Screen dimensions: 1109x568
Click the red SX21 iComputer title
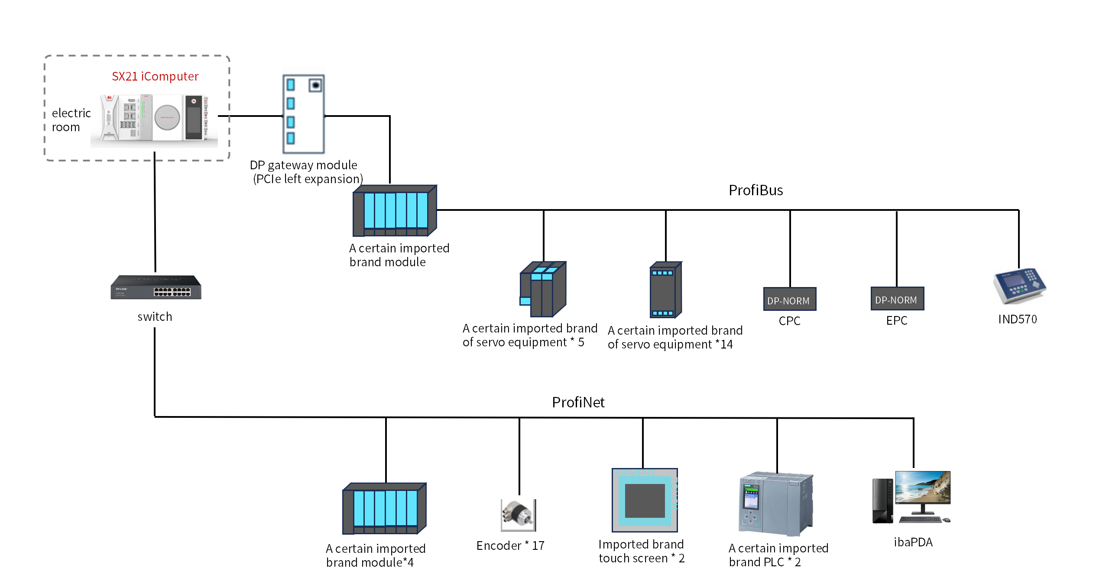coord(155,77)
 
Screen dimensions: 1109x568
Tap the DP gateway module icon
coord(303,114)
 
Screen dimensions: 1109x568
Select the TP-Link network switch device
coord(156,287)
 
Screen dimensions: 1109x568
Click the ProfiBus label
coord(756,190)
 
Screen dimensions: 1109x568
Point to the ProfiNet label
coord(578,402)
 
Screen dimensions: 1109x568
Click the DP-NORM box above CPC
coord(790,299)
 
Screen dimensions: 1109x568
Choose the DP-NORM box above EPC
coord(897,298)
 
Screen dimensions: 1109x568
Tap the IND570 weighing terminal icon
coord(1019,286)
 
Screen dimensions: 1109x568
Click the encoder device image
coord(518,515)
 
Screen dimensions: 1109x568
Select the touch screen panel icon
coord(645,500)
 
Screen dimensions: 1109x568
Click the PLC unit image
coord(775,504)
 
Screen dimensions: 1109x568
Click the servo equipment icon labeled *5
coord(543,289)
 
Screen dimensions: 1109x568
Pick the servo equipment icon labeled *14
coord(666,290)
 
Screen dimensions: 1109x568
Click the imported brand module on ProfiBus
coord(395,210)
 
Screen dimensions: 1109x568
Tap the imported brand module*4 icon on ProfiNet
coord(384,508)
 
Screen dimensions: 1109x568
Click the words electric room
coord(71,120)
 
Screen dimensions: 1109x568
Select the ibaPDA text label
coord(913,542)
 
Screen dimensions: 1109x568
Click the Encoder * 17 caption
coord(510,545)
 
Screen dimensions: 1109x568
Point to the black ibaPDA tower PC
coord(883,500)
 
